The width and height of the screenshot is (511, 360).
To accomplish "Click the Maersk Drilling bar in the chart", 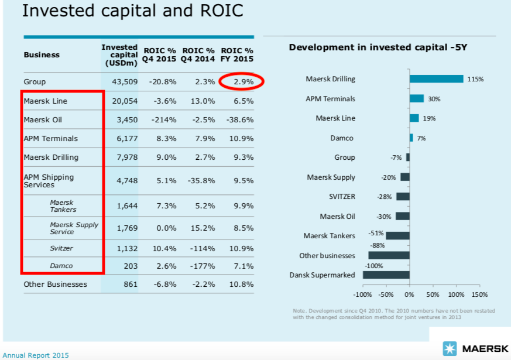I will (436, 78).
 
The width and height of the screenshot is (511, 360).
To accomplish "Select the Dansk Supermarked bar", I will (386, 275).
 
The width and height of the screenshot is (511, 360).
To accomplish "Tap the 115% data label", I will (475, 79).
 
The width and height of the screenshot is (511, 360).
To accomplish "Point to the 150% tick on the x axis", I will (479, 294).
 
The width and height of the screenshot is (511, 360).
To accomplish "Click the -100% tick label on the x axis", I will (363, 294).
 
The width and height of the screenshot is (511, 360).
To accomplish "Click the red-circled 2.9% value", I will (243, 82).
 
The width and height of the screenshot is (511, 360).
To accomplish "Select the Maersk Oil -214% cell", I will (164, 120).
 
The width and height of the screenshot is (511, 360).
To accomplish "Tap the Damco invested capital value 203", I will (131, 266).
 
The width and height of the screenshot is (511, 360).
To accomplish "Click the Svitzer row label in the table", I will (61, 248).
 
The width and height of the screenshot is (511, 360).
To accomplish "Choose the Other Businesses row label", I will (55, 284).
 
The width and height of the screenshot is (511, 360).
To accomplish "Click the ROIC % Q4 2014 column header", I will (198, 54).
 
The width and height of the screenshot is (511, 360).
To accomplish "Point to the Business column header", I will (42, 55).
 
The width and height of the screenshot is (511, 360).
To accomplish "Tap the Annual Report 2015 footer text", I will (36, 355).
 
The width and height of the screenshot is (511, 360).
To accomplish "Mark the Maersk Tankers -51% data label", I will (376, 232).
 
